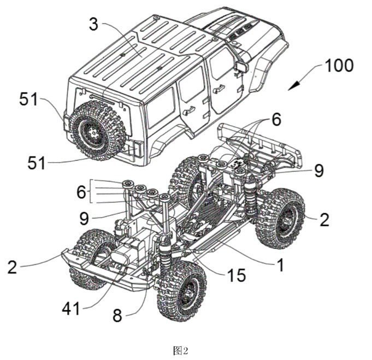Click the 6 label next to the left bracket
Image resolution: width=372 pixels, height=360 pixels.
81,192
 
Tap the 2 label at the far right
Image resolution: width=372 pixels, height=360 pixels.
324,220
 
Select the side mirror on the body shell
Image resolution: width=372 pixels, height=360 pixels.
240,67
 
